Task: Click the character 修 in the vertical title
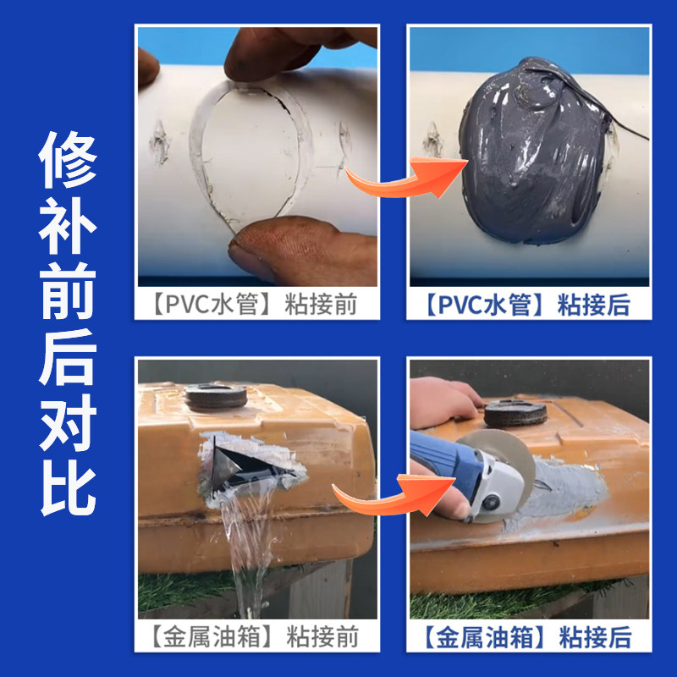click(68, 161)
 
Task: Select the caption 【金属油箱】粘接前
click(257, 634)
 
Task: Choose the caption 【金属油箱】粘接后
click(529, 634)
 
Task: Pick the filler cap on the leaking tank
click(216, 397)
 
